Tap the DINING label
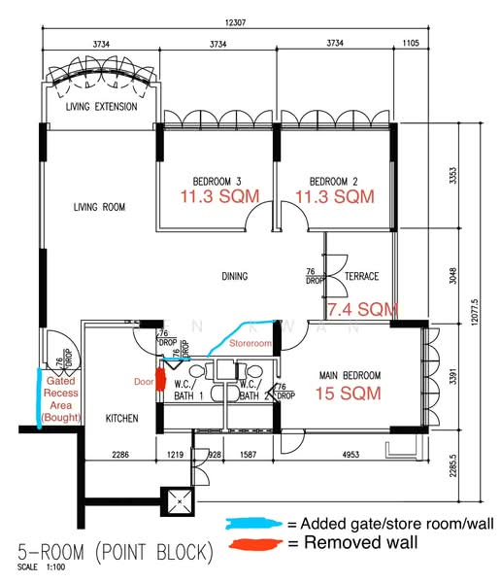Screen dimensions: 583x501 tap(235, 277)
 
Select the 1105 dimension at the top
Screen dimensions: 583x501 tap(409, 44)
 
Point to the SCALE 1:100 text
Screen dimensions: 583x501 tap(37, 568)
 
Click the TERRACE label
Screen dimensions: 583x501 tap(361, 277)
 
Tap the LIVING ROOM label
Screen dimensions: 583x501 tap(101, 207)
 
